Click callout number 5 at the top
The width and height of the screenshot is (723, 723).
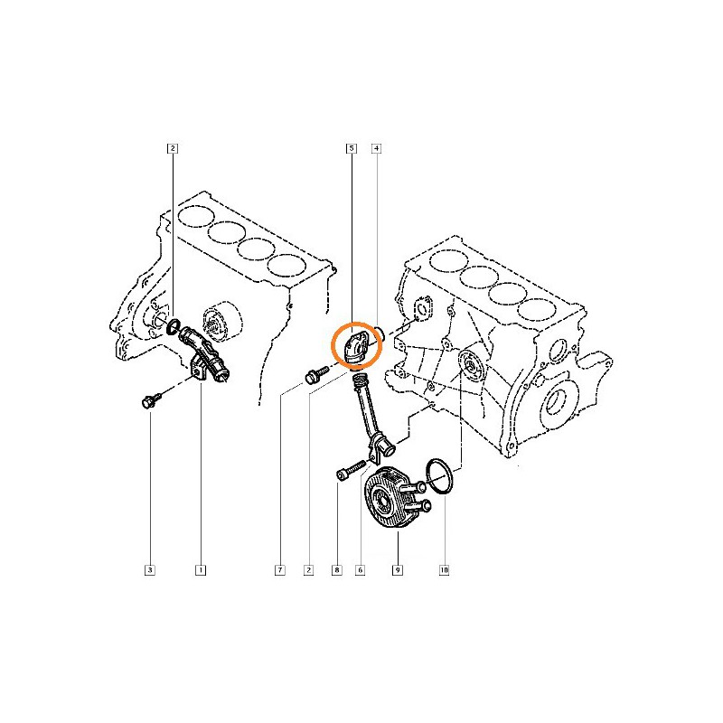pos(352,148)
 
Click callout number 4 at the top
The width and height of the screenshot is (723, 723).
pos(377,148)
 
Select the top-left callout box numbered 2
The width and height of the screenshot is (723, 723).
pos(173,148)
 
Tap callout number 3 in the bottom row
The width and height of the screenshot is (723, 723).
pos(150,570)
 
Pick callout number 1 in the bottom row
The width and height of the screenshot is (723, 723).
pos(201,570)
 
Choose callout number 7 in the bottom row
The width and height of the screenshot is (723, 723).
pos(280,570)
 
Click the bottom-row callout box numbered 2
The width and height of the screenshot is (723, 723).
pos(308,570)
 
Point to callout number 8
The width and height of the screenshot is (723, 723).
pos(337,570)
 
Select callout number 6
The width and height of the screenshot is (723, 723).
pos(360,570)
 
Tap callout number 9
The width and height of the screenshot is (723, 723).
pos(398,570)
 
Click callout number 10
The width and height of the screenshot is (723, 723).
pos(444,570)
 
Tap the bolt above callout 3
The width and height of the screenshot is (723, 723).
pos(151,400)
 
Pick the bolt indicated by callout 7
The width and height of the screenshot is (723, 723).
pos(316,375)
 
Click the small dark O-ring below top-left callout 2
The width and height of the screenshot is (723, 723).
pos(174,326)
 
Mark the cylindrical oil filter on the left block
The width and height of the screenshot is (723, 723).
pos(222,323)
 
